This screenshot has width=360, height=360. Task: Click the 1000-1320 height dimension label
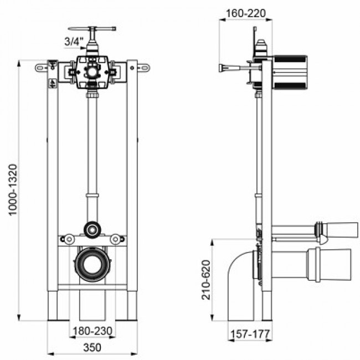pos(13,189)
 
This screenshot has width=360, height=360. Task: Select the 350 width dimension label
pos(92,347)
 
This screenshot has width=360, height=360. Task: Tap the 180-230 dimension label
pos(92,331)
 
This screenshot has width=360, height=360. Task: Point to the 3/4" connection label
pos(71,42)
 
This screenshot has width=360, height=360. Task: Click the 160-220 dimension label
pos(246,13)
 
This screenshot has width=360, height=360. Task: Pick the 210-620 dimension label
pos(206,280)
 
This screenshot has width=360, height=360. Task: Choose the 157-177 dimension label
pos(250,334)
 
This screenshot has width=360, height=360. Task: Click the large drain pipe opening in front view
pos(92,265)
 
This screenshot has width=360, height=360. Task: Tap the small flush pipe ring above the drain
pos(92,230)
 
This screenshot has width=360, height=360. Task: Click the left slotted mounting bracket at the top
pos(42,68)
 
